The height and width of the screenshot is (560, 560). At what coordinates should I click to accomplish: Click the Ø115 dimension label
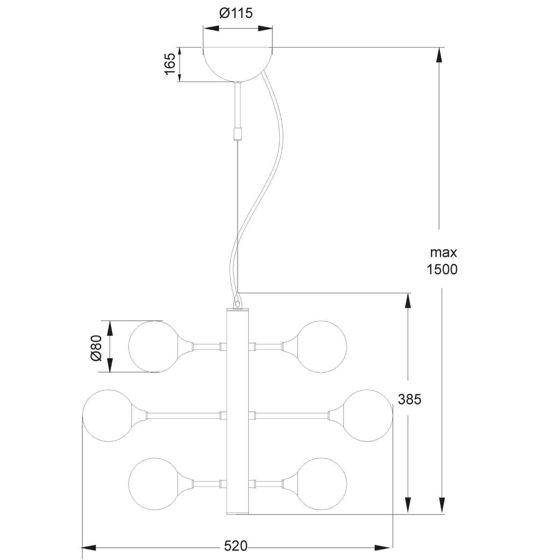coord(236,13)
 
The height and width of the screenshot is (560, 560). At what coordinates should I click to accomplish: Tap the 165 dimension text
coord(170,64)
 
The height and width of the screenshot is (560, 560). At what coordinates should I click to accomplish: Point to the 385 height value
coord(409,399)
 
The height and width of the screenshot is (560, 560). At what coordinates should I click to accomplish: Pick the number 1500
coord(442,269)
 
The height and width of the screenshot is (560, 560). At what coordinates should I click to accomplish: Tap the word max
coord(443,252)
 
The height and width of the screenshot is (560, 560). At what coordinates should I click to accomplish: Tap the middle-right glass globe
coord(368,416)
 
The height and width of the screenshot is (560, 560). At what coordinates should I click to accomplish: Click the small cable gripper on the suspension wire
coord(237,133)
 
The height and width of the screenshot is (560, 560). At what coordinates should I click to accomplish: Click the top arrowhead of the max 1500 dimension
coord(440,56)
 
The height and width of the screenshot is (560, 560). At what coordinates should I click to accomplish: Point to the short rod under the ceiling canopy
coord(238,105)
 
